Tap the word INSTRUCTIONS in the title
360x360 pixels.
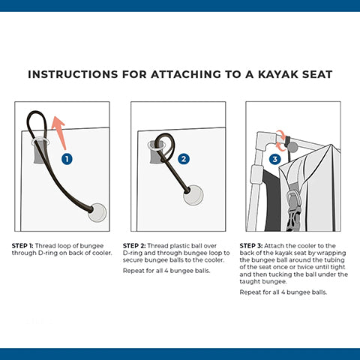73,74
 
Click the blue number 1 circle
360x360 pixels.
67,159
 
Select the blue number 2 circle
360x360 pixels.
184,159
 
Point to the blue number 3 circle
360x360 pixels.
275,159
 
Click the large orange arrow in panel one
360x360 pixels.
60,133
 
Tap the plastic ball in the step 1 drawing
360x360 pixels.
97,212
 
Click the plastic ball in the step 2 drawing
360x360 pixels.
193,195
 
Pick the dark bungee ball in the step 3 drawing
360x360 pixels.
292,147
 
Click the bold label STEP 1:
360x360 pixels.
22,246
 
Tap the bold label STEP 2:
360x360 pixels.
134,246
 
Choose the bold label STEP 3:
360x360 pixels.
251,246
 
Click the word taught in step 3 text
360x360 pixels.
250,282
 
